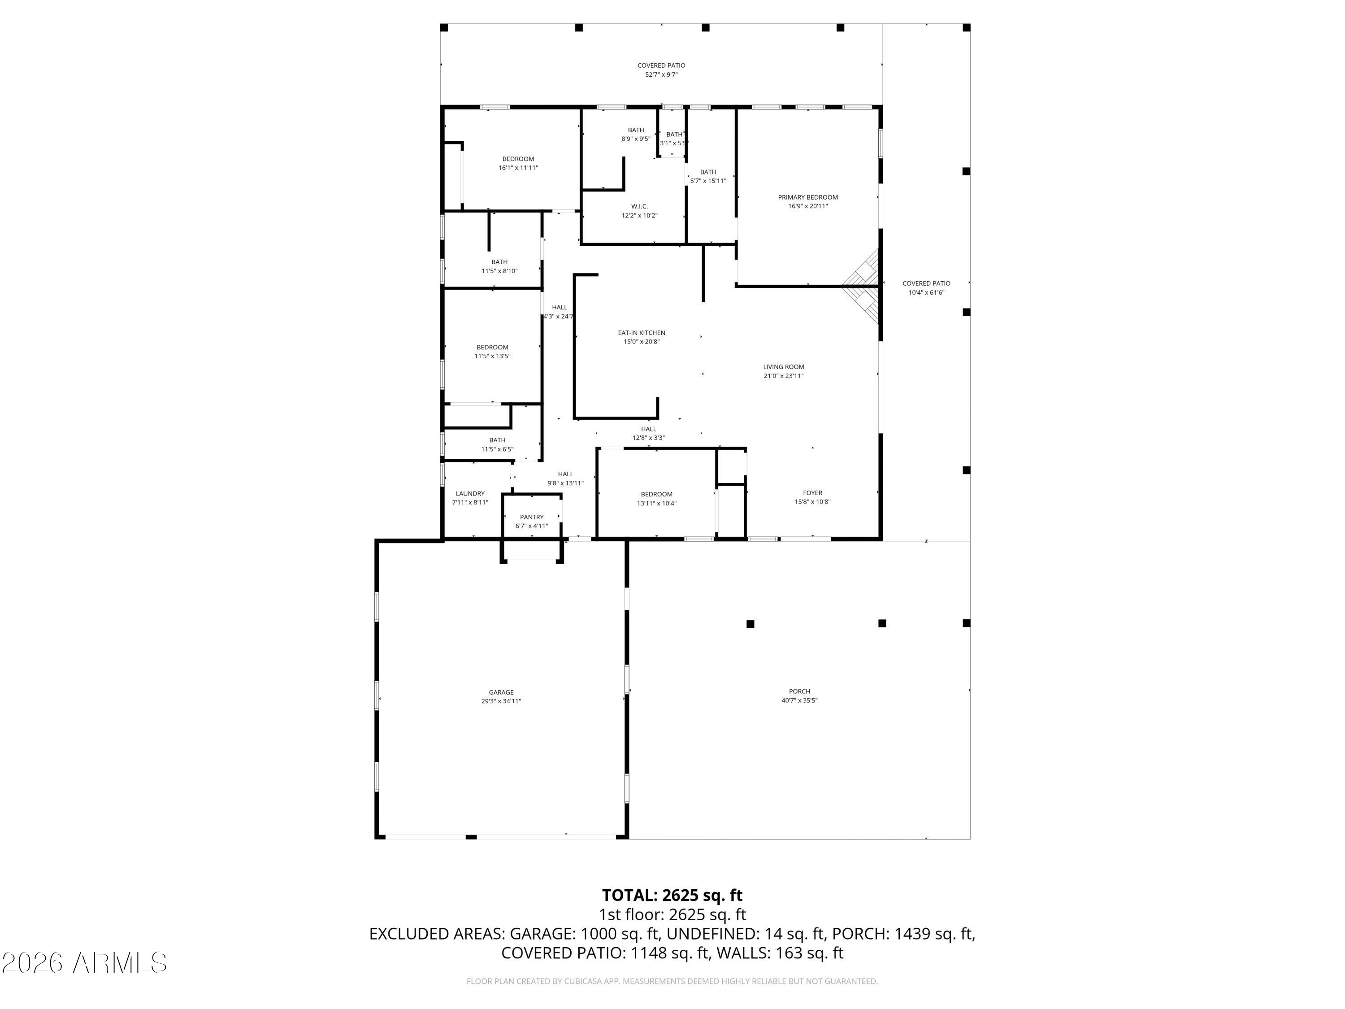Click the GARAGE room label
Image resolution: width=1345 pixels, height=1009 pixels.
(x=501, y=692)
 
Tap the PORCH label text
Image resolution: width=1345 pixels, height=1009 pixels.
(x=799, y=692)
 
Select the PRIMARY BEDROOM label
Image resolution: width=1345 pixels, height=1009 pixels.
(x=808, y=197)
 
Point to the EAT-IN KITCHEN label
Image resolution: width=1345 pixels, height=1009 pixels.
(x=642, y=333)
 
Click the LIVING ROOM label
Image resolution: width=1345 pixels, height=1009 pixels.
(x=784, y=367)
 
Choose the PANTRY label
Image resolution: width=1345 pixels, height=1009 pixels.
(x=532, y=517)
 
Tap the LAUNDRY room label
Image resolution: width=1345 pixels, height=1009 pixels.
(x=470, y=494)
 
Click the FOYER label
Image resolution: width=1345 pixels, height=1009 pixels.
(x=812, y=493)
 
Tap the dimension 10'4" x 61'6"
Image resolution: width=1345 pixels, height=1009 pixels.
(x=926, y=292)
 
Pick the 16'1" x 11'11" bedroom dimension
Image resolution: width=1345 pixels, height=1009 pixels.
(x=518, y=168)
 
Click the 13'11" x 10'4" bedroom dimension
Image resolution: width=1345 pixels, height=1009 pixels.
(x=657, y=503)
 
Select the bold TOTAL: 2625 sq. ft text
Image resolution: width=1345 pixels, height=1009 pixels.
(x=672, y=895)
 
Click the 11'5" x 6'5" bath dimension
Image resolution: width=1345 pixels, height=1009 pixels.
(x=497, y=449)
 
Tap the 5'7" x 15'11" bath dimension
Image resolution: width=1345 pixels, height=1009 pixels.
(x=708, y=181)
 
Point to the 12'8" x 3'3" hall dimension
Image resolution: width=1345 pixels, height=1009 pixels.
(x=648, y=438)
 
